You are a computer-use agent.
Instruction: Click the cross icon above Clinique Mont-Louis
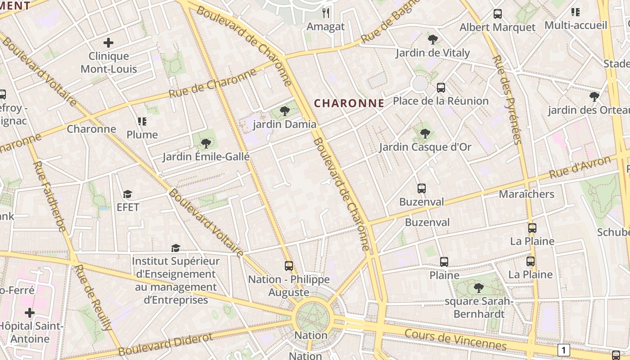point(108,43)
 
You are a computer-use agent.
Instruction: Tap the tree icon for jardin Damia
point(284,111)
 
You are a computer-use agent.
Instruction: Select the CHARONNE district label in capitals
point(349,103)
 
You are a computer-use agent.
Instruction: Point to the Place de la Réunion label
point(441,101)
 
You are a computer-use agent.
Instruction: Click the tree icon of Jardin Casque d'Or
point(425,133)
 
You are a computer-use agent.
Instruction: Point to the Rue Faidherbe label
point(49,197)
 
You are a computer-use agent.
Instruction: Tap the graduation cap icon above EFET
point(128,194)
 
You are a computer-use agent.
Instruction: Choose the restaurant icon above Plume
point(142,121)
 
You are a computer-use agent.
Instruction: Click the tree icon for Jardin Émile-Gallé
point(206,144)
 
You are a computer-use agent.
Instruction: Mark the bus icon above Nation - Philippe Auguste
point(289,266)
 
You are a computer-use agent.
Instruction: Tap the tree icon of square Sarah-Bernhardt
point(479,288)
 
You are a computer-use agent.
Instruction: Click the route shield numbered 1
point(563,350)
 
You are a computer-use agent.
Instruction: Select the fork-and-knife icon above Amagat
point(326,13)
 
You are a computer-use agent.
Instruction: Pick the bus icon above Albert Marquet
point(497,14)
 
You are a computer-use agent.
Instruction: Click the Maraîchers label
point(526,194)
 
